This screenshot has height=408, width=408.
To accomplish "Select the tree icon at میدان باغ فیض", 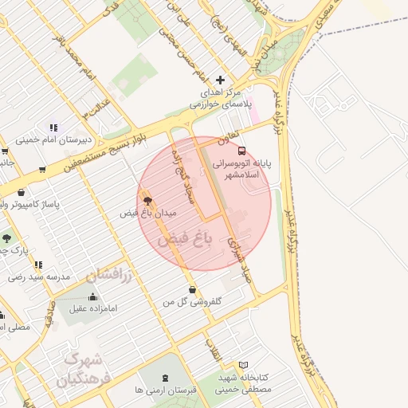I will (x=147, y=201).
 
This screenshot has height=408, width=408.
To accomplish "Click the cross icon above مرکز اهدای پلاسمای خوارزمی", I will (x=221, y=80).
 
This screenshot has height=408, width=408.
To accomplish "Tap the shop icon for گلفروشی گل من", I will (x=192, y=289).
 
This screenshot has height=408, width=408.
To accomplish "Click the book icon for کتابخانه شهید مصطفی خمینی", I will (x=243, y=364).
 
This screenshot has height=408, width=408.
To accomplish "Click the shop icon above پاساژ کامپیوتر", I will (x=20, y=192).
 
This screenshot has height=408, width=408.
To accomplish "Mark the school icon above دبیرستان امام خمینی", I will (x=53, y=127).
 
